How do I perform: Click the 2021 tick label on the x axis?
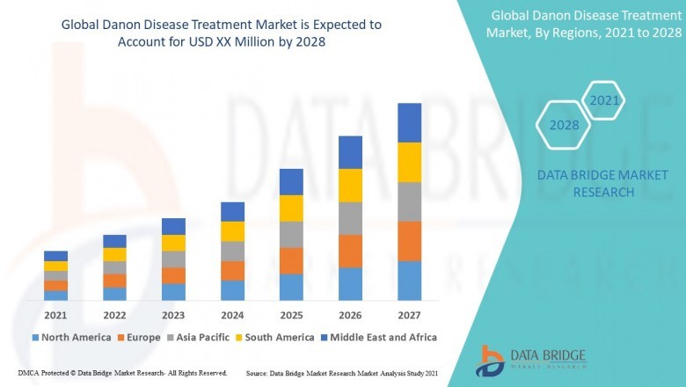coord(55,315)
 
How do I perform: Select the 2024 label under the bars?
coord(232,315)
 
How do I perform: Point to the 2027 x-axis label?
coord(409,315)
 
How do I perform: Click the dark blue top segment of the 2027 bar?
coord(409,122)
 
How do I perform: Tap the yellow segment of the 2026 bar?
coord(350,186)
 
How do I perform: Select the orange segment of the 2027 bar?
coord(409,241)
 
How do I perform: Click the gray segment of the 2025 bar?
coord(291,234)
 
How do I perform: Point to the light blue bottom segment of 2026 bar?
coord(350,283)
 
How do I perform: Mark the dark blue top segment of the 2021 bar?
coord(55,256)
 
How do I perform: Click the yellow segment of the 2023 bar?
coord(173,243)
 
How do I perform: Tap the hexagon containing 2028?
coord(564,125)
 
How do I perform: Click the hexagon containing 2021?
coord(604,101)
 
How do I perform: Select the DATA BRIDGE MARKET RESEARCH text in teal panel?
coord(586,184)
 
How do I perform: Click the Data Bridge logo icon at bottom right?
coord(490,360)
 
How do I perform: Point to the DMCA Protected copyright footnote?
coord(122,374)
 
